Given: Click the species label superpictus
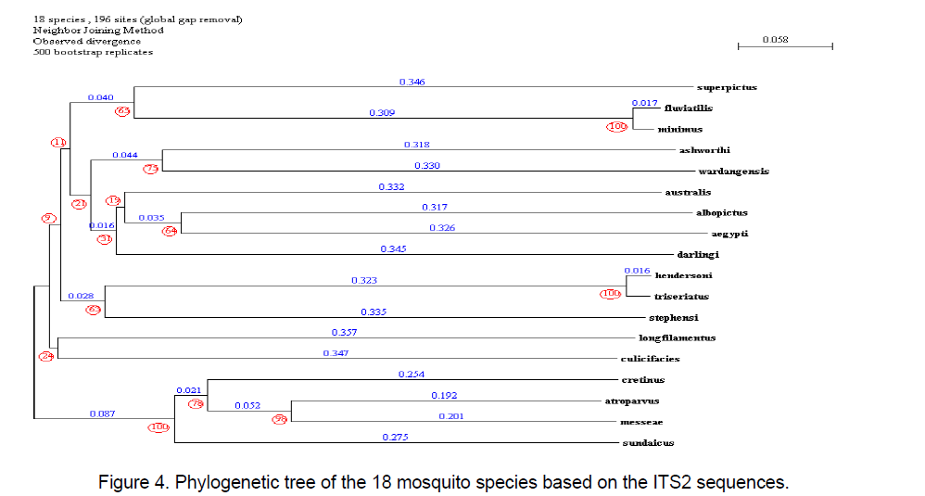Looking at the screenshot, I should coord(727,87).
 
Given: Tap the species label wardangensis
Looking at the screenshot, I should coord(733,172).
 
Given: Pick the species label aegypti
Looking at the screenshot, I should coord(729,234).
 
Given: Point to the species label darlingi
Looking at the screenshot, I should coord(699,254).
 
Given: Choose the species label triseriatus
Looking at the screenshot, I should coord(681,297).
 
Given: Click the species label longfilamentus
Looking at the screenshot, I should coord(677,338).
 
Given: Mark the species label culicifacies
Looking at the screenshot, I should coord(650,359).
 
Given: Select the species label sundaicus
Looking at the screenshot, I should coord(647,443).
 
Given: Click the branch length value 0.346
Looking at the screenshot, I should coord(412,83).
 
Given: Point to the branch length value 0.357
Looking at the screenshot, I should coord(345,333).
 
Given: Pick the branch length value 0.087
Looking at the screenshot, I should coord(102,414).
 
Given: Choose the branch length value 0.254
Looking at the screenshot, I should coord(411,374).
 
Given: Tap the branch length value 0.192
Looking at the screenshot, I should coord(444,395).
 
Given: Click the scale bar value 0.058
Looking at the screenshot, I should coord(775,40).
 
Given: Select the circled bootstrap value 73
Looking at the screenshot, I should coord(151,168).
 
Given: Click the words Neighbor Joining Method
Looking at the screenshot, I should coord(98,31).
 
